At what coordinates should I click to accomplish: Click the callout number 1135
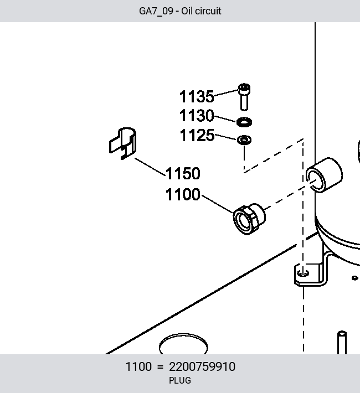(197, 96)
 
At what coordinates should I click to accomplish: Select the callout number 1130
(197, 116)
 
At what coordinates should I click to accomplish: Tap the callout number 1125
(197, 136)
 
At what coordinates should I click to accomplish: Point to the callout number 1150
(183, 173)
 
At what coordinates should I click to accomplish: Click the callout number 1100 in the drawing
(183, 194)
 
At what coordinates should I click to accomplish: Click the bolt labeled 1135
(244, 97)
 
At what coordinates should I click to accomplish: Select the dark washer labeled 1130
(244, 122)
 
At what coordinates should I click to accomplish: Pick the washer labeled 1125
(244, 140)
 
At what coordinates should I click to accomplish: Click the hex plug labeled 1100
(249, 219)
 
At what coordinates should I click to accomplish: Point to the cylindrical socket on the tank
(325, 175)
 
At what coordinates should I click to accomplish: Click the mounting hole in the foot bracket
(303, 273)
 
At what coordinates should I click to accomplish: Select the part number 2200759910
(202, 366)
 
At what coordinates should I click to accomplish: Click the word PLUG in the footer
(180, 380)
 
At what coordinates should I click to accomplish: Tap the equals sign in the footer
(160, 367)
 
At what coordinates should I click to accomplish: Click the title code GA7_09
(156, 11)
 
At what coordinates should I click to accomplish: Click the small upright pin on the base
(342, 343)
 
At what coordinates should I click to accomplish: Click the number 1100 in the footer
(138, 366)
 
